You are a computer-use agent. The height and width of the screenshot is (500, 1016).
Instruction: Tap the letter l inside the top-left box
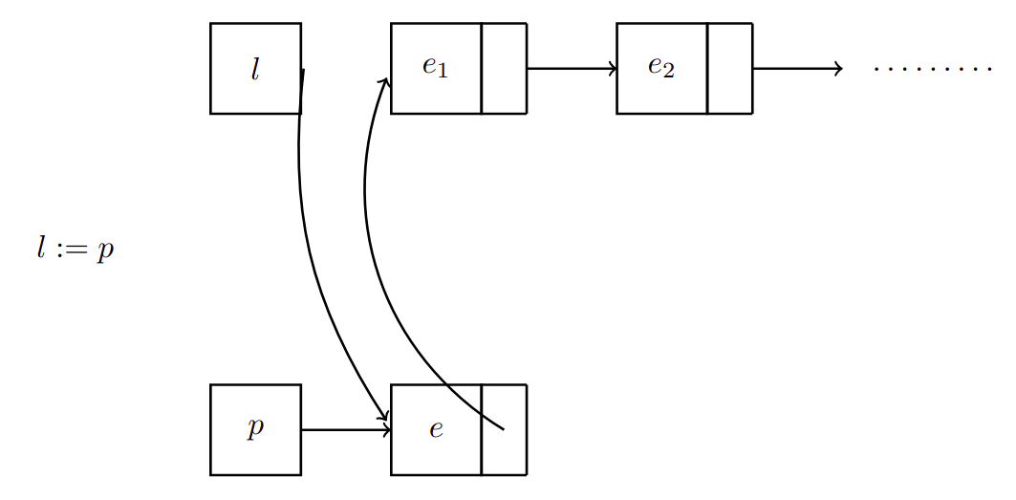(254, 69)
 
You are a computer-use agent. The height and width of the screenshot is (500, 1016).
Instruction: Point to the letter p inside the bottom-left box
(254, 429)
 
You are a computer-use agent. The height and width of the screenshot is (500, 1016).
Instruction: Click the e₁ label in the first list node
(435, 67)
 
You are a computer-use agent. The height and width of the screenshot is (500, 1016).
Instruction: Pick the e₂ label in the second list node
(660, 67)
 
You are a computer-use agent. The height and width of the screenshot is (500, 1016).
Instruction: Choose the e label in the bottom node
(436, 429)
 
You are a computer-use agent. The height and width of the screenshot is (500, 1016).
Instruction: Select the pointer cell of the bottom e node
(504, 453)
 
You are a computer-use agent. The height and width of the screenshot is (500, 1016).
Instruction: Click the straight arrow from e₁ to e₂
(572, 68)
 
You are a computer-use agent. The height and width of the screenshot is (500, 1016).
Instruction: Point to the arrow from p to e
(345, 429)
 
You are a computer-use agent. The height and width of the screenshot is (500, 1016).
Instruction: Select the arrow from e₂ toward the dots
(796, 68)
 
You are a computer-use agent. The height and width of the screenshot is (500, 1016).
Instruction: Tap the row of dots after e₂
(933, 69)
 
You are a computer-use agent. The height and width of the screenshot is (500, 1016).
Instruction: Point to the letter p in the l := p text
(104, 251)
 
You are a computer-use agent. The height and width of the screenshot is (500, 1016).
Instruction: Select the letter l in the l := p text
(41, 250)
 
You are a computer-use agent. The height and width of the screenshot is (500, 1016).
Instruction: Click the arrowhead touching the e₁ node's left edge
(385, 82)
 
